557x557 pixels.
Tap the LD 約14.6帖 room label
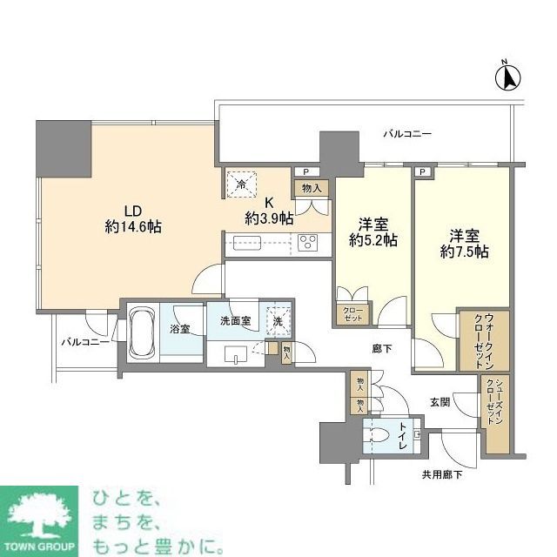(x=131, y=218)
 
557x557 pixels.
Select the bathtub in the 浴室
(x=142, y=332)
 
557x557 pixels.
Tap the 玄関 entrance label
(x=440, y=402)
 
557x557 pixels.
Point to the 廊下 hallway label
(x=380, y=348)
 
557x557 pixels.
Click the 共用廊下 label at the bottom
(x=441, y=473)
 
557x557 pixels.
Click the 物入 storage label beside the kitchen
(x=312, y=187)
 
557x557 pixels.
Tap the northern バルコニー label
(x=408, y=134)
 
